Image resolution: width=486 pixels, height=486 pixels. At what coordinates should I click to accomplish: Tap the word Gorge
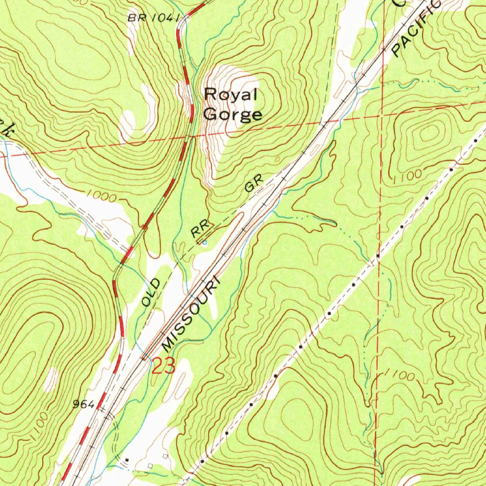(232, 114)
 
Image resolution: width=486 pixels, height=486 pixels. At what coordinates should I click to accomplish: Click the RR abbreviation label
(198, 231)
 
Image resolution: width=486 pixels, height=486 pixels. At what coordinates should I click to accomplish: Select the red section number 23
(164, 366)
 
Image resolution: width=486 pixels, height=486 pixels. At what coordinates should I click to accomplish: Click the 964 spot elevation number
(84, 405)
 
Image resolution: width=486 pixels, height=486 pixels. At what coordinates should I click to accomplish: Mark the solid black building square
(127, 459)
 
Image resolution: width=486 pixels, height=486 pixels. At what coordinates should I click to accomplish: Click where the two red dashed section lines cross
(382, 113)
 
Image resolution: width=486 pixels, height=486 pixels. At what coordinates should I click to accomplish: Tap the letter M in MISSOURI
(167, 344)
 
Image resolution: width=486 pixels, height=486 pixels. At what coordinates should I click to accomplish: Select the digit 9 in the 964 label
(76, 405)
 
